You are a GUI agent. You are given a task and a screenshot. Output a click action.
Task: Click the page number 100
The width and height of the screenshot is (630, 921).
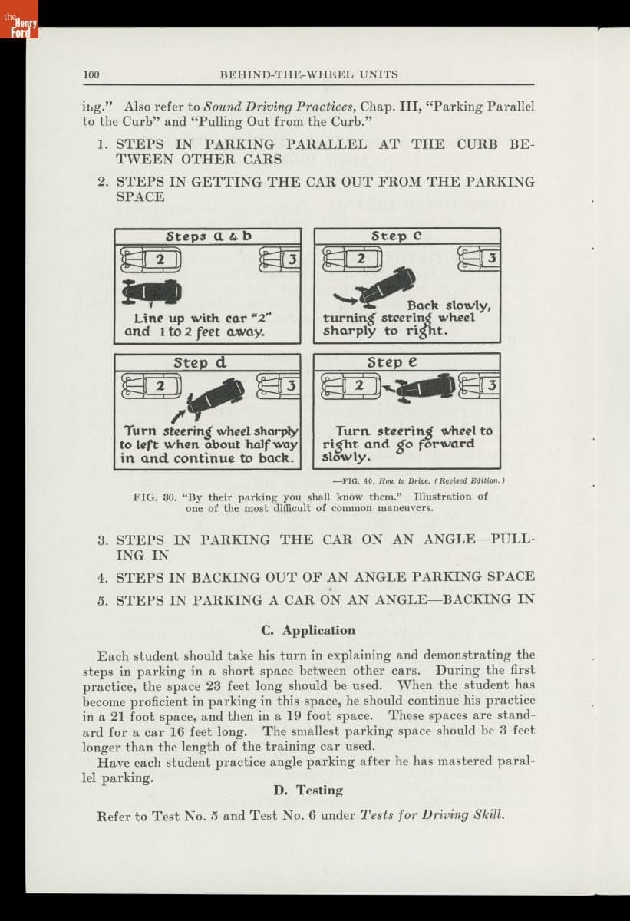click(x=91, y=74)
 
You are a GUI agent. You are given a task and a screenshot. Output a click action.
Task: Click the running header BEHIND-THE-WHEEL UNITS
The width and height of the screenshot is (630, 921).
click(x=308, y=74)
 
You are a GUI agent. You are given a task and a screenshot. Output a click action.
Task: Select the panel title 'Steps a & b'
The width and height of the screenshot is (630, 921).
click(x=208, y=236)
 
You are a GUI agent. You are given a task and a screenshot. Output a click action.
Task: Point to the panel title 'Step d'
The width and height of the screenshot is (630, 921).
click(x=200, y=362)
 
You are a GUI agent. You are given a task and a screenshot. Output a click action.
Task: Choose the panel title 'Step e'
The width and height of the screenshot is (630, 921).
click(x=391, y=362)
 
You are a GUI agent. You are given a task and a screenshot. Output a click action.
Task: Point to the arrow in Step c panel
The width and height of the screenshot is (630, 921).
click(x=347, y=299)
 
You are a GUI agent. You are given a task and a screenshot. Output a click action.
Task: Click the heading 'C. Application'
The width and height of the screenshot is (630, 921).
click(x=308, y=630)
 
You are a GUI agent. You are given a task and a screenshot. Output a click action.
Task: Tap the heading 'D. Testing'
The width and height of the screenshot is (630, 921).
click(x=308, y=790)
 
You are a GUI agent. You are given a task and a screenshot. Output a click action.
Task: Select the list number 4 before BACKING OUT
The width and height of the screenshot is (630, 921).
click(x=101, y=577)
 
